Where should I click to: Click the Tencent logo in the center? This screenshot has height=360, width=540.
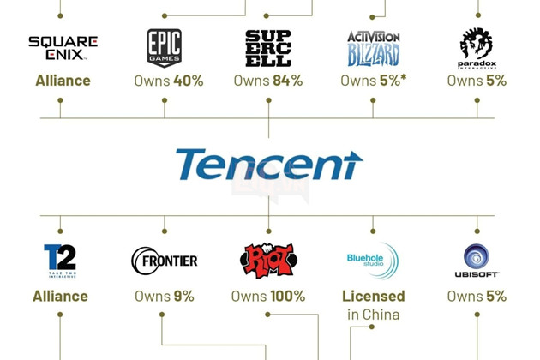pos(269,165)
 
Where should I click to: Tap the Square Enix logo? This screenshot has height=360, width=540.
pos(63,47)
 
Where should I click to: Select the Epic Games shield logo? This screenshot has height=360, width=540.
pos(164,47)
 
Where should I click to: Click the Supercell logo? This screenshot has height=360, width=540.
pos(268,48)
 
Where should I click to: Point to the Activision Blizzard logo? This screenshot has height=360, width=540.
pos(374,48)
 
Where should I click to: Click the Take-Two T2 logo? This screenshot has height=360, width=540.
pos(60,261)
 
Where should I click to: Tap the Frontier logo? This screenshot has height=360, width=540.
pos(165,260)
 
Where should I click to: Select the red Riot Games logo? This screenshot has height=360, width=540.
pos(267,261)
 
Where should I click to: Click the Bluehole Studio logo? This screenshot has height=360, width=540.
pos(372,260)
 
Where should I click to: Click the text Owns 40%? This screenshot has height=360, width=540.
pos(169,81)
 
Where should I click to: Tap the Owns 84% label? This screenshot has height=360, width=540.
pos(268,81)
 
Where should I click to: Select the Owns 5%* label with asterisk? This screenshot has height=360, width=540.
pos(374,81)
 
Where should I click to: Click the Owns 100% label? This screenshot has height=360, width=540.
pos(268,296)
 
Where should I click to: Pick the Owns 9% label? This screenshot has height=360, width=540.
pos(165,296)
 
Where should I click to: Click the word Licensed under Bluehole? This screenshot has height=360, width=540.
pos(374,296)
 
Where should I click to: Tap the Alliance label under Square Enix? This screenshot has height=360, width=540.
pos(63,81)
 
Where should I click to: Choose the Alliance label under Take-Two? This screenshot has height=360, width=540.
pos(60,296)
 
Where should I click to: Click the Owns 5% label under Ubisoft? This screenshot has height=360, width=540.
pos(477,296)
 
